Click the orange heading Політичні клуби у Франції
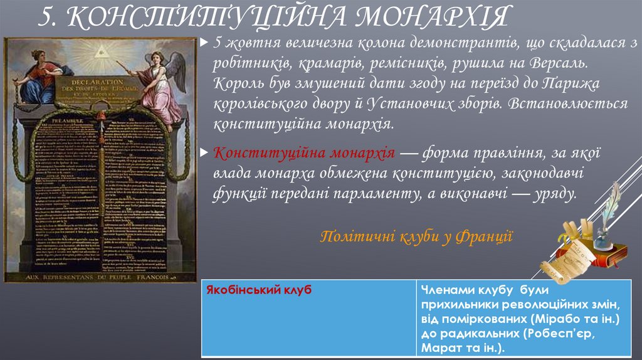tap(416, 236)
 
